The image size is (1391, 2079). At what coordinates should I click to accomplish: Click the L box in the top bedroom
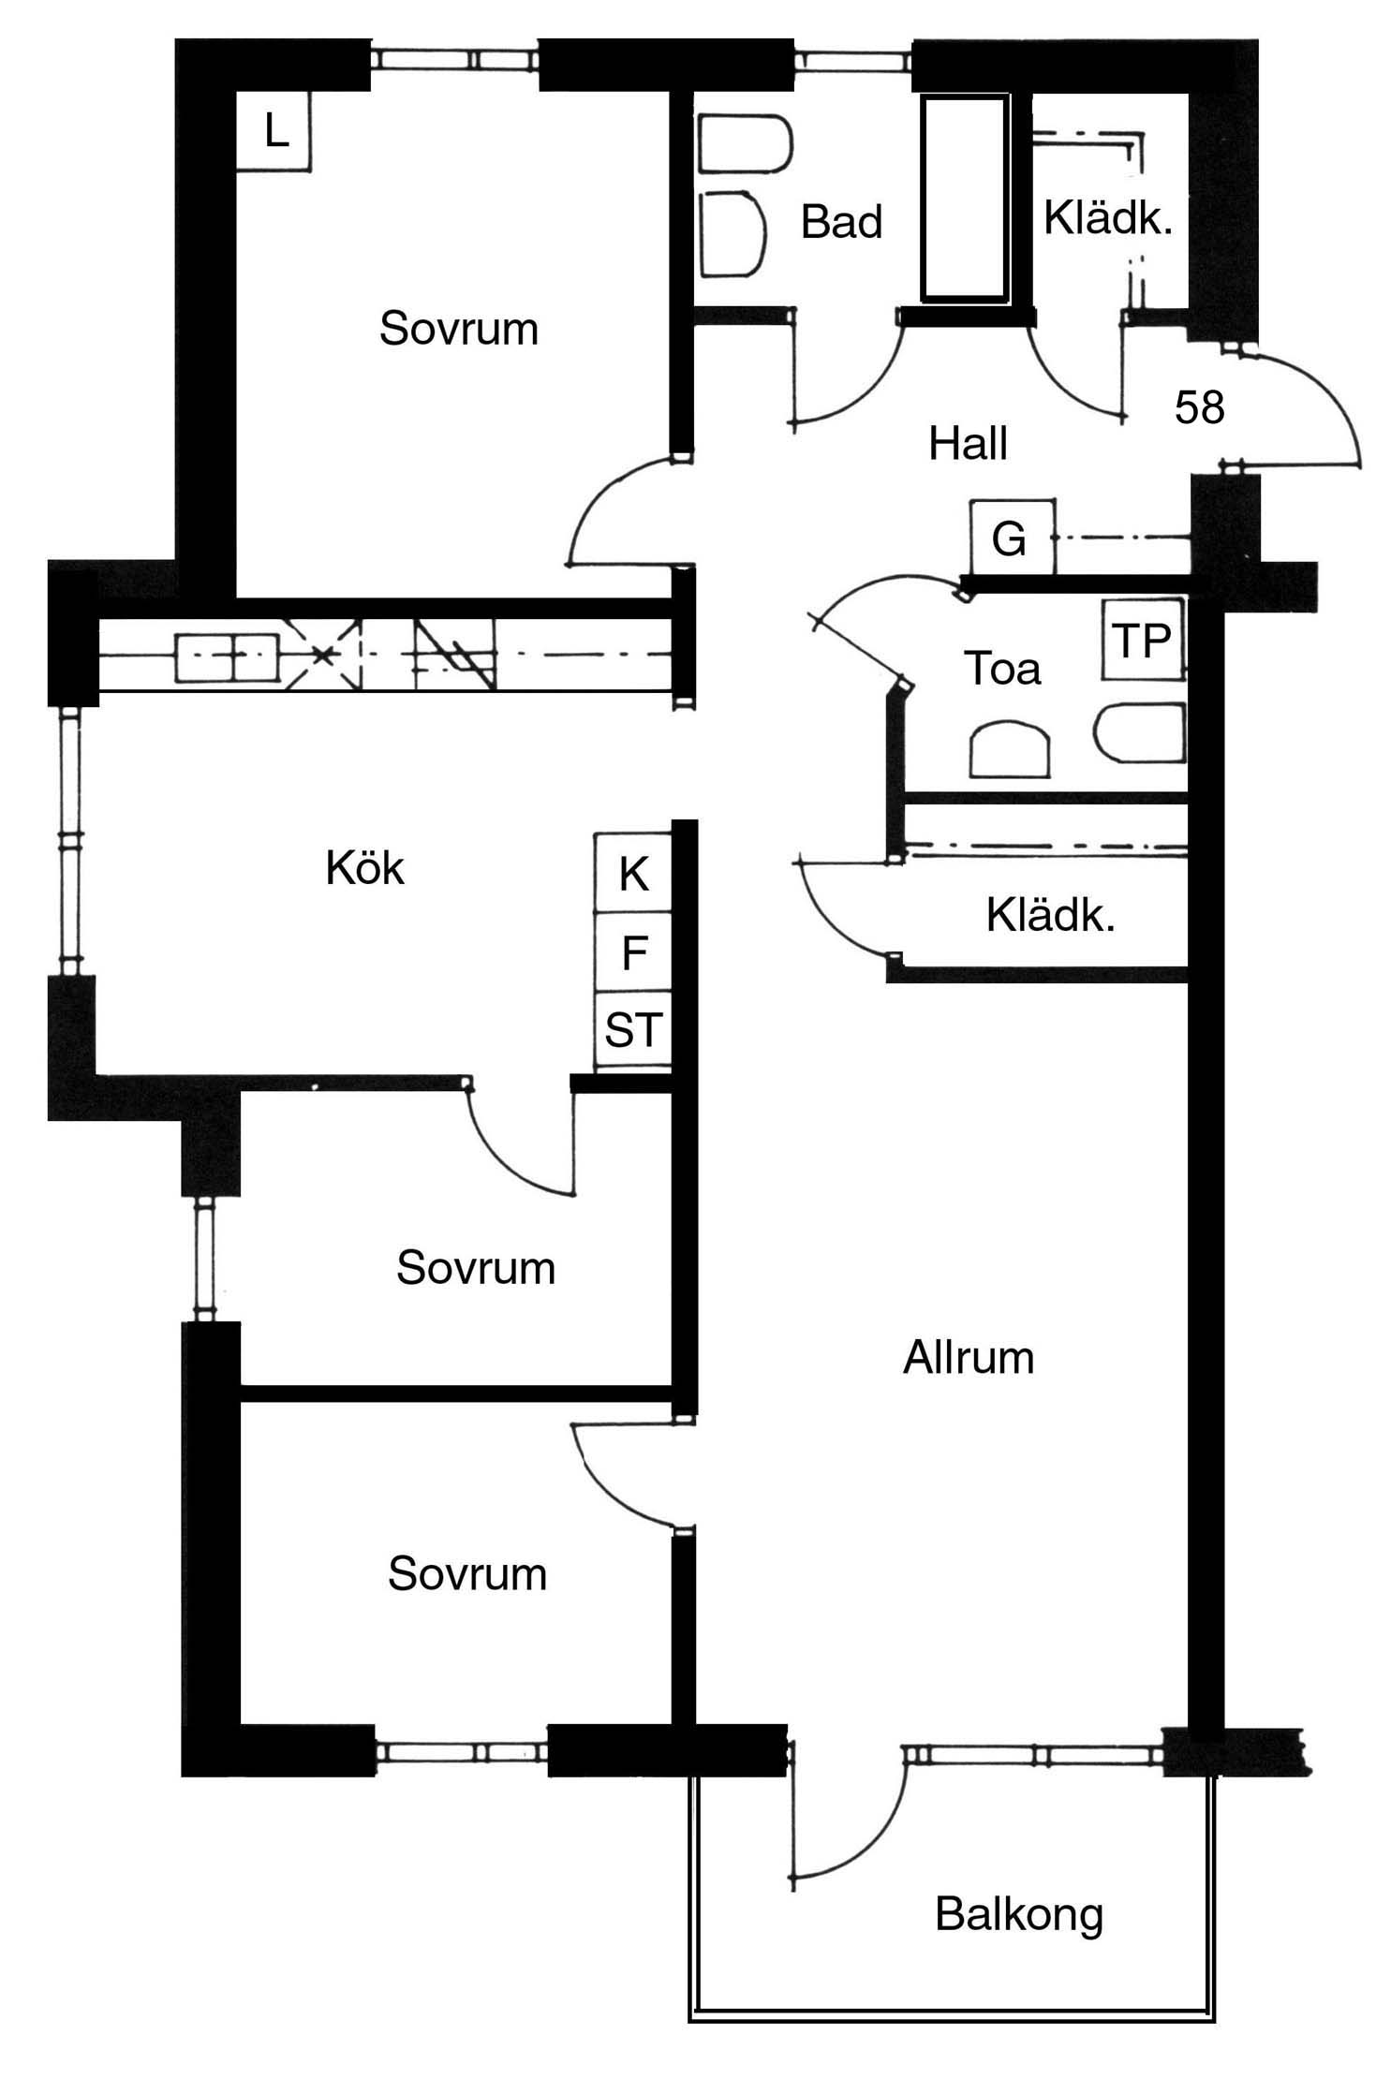[x=273, y=131]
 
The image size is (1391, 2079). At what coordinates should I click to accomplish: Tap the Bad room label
[x=841, y=223]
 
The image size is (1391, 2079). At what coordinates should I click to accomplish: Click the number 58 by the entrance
[x=1199, y=407]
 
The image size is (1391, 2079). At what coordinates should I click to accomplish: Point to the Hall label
[x=968, y=443]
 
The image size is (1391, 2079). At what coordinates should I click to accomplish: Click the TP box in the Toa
[x=1143, y=641]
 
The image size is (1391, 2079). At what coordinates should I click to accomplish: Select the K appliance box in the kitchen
[x=633, y=873]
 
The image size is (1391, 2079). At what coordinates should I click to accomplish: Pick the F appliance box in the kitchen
[x=633, y=952]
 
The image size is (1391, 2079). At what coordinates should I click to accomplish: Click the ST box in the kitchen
[x=633, y=1030]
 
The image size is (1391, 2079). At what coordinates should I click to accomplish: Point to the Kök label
[x=364, y=867]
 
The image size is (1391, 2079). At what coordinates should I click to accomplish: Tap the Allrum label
[x=969, y=1357]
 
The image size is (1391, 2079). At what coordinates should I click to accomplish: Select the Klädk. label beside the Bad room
[x=1108, y=219]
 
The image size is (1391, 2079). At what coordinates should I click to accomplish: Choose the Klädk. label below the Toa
[x=1050, y=915]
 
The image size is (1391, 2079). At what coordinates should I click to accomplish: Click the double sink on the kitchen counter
[x=227, y=657]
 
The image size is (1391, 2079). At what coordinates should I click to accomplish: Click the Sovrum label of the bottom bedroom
[x=467, y=1574]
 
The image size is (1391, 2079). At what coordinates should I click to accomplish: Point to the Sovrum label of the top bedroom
[x=459, y=330]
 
